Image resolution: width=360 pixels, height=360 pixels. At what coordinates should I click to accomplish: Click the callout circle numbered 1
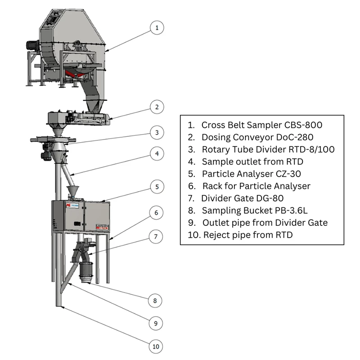[x=157, y=28]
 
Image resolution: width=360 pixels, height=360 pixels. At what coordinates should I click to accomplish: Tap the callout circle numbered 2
[x=157, y=107]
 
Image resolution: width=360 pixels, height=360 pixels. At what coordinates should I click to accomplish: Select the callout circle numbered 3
[x=157, y=132]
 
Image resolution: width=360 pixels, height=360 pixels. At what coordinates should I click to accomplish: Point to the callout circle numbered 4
[x=157, y=154]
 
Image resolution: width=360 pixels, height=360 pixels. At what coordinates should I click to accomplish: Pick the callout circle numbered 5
[x=157, y=186]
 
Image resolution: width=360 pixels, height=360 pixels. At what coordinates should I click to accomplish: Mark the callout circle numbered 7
[x=157, y=236]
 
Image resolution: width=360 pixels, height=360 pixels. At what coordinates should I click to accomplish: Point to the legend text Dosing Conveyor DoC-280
[x=257, y=137]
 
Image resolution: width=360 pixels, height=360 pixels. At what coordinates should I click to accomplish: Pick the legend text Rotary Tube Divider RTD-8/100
[x=268, y=149]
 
